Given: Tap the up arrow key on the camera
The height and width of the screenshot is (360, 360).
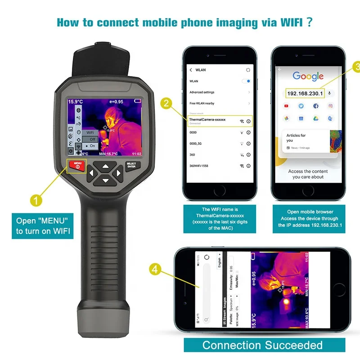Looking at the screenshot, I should [105, 166].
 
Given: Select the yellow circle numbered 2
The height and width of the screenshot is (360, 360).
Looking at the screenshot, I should [167, 103].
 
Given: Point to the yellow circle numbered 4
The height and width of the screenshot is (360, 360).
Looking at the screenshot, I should [155, 270].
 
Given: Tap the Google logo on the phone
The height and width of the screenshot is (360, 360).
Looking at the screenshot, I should [308, 76].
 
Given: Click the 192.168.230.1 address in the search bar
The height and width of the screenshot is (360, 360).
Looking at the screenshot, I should [305, 93].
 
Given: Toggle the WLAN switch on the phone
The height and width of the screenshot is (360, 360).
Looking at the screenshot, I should [246, 81].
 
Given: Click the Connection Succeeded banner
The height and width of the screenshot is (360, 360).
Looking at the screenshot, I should [262, 345].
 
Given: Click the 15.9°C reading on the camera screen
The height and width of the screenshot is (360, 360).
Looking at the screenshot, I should [76, 102].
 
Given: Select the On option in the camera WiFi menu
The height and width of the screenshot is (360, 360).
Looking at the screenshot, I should [91, 146].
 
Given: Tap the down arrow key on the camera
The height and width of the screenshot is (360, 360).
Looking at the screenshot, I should [105, 180].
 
